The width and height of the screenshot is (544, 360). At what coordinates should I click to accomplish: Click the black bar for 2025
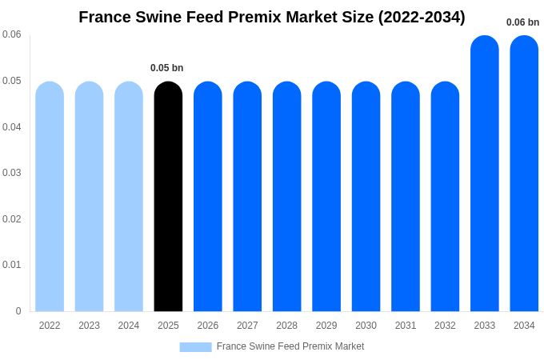(x=168, y=197)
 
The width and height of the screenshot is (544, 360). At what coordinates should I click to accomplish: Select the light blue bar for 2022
(x=50, y=197)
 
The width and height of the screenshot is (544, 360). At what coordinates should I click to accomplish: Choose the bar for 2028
(x=286, y=197)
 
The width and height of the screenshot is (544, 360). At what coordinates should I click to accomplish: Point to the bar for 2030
(x=366, y=197)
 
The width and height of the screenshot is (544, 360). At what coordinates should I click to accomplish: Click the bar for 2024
(x=129, y=197)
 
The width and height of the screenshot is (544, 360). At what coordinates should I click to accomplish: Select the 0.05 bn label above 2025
(x=167, y=68)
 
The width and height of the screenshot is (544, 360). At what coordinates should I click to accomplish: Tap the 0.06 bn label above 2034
(x=522, y=22)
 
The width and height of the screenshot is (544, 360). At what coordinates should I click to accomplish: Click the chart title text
(x=272, y=17)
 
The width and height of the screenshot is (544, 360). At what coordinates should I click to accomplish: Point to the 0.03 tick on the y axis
(x=12, y=173)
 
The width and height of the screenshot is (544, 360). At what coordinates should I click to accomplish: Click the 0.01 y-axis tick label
(x=12, y=265)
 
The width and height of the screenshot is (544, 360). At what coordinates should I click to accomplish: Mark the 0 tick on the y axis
(x=18, y=311)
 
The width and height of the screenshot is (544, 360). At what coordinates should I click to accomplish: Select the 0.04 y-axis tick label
(x=12, y=127)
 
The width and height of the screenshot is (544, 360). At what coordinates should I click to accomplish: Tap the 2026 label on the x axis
(x=208, y=326)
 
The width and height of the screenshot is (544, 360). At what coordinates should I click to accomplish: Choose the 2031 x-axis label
(x=406, y=326)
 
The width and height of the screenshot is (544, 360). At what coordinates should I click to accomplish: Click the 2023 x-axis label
(x=89, y=326)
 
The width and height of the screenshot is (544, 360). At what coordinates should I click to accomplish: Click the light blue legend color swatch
(x=195, y=347)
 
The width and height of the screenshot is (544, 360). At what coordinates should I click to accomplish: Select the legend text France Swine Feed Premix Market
(x=290, y=346)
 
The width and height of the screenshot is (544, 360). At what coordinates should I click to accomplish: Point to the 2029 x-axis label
(x=326, y=326)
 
